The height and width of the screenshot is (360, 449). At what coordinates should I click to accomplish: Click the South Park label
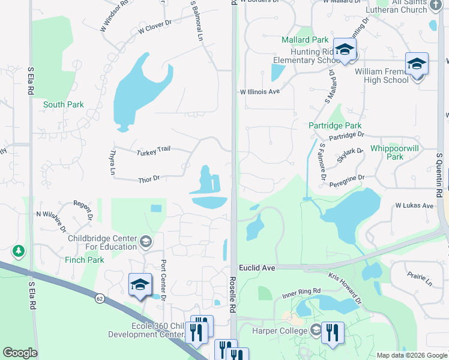[63, 104]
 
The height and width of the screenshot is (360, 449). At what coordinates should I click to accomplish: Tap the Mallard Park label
[306, 40]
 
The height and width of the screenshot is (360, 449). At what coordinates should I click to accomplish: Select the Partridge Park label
[335, 126]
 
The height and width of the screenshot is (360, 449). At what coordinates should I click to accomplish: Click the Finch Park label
[85, 260]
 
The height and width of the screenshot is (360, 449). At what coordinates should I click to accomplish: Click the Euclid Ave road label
[256, 268]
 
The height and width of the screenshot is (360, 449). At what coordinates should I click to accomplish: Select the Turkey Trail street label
[154, 151]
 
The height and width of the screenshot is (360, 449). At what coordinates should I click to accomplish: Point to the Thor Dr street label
[149, 179]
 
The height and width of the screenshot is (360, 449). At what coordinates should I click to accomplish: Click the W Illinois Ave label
[260, 92]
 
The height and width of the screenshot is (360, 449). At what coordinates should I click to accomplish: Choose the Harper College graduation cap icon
[316, 329]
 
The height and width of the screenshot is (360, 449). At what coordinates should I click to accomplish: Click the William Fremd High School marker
[417, 64]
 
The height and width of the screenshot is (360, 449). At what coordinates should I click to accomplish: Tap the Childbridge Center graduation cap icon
[145, 242]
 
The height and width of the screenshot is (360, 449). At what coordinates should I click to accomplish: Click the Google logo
[20, 353]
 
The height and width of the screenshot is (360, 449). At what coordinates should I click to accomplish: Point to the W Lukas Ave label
[414, 205]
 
